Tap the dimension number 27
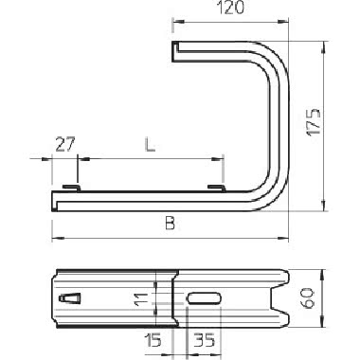coord(64,145)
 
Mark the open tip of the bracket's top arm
coord(177,48)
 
